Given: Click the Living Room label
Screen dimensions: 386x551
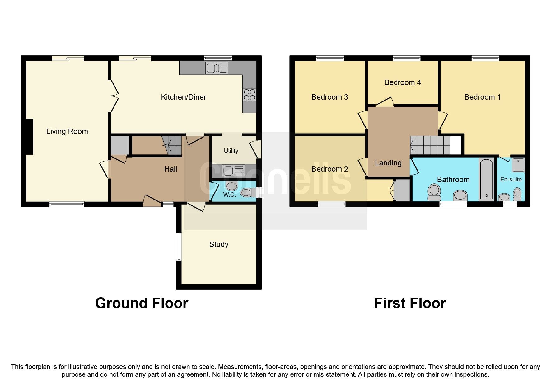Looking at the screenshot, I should pyautogui.click(x=67, y=131).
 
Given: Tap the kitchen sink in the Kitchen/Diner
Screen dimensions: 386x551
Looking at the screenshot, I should pyautogui.click(x=217, y=68).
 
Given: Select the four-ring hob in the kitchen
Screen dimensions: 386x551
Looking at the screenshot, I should pyautogui.click(x=250, y=95).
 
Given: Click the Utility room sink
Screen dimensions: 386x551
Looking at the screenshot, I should pyautogui.click(x=234, y=171).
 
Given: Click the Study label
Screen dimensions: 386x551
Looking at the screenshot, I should pyautogui.click(x=219, y=244).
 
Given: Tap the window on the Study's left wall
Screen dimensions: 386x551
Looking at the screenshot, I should pyautogui.click(x=179, y=247).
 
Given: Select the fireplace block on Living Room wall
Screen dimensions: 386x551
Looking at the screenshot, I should pyautogui.click(x=29, y=137).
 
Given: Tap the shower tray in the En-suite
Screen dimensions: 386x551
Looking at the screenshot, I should pyautogui.click(x=518, y=165).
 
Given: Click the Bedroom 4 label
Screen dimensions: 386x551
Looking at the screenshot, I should pyautogui.click(x=403, y=82).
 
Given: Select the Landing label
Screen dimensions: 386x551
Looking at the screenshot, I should pyautogui.click(x=388, y=163).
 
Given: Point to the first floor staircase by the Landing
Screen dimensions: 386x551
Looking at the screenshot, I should pyautogui.click(x=431, y=145).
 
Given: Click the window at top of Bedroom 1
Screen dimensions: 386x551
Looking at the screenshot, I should pyautogui.click(x=485, y=58).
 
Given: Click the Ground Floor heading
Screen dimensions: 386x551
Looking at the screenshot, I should pyautogui.click(x=142, y=303).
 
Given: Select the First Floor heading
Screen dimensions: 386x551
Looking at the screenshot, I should pyautogui.click(x=410, y=303).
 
